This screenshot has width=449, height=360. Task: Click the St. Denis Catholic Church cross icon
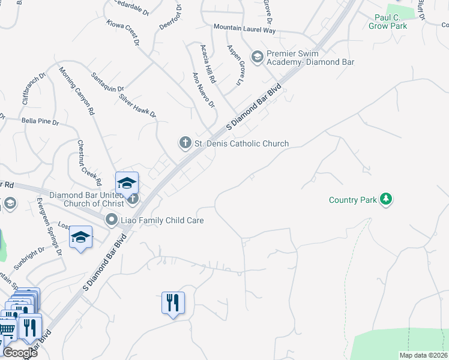(x=185, y=143)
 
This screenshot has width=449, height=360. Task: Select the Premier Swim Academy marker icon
(x=257, y=57)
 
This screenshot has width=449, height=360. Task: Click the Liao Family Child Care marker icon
(x=111, y=220)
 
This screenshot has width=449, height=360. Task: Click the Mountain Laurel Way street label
(x=245, y=28)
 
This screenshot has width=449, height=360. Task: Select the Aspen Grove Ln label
(x=237, y=64)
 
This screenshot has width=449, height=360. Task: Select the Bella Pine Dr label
(x=40, y=122)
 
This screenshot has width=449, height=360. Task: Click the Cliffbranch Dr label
(x=34, y=90)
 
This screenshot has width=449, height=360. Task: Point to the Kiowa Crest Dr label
(x=122, y=32)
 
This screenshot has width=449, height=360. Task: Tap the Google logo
(x=20, y=353)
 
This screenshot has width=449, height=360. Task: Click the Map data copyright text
(x=423, y=355)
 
